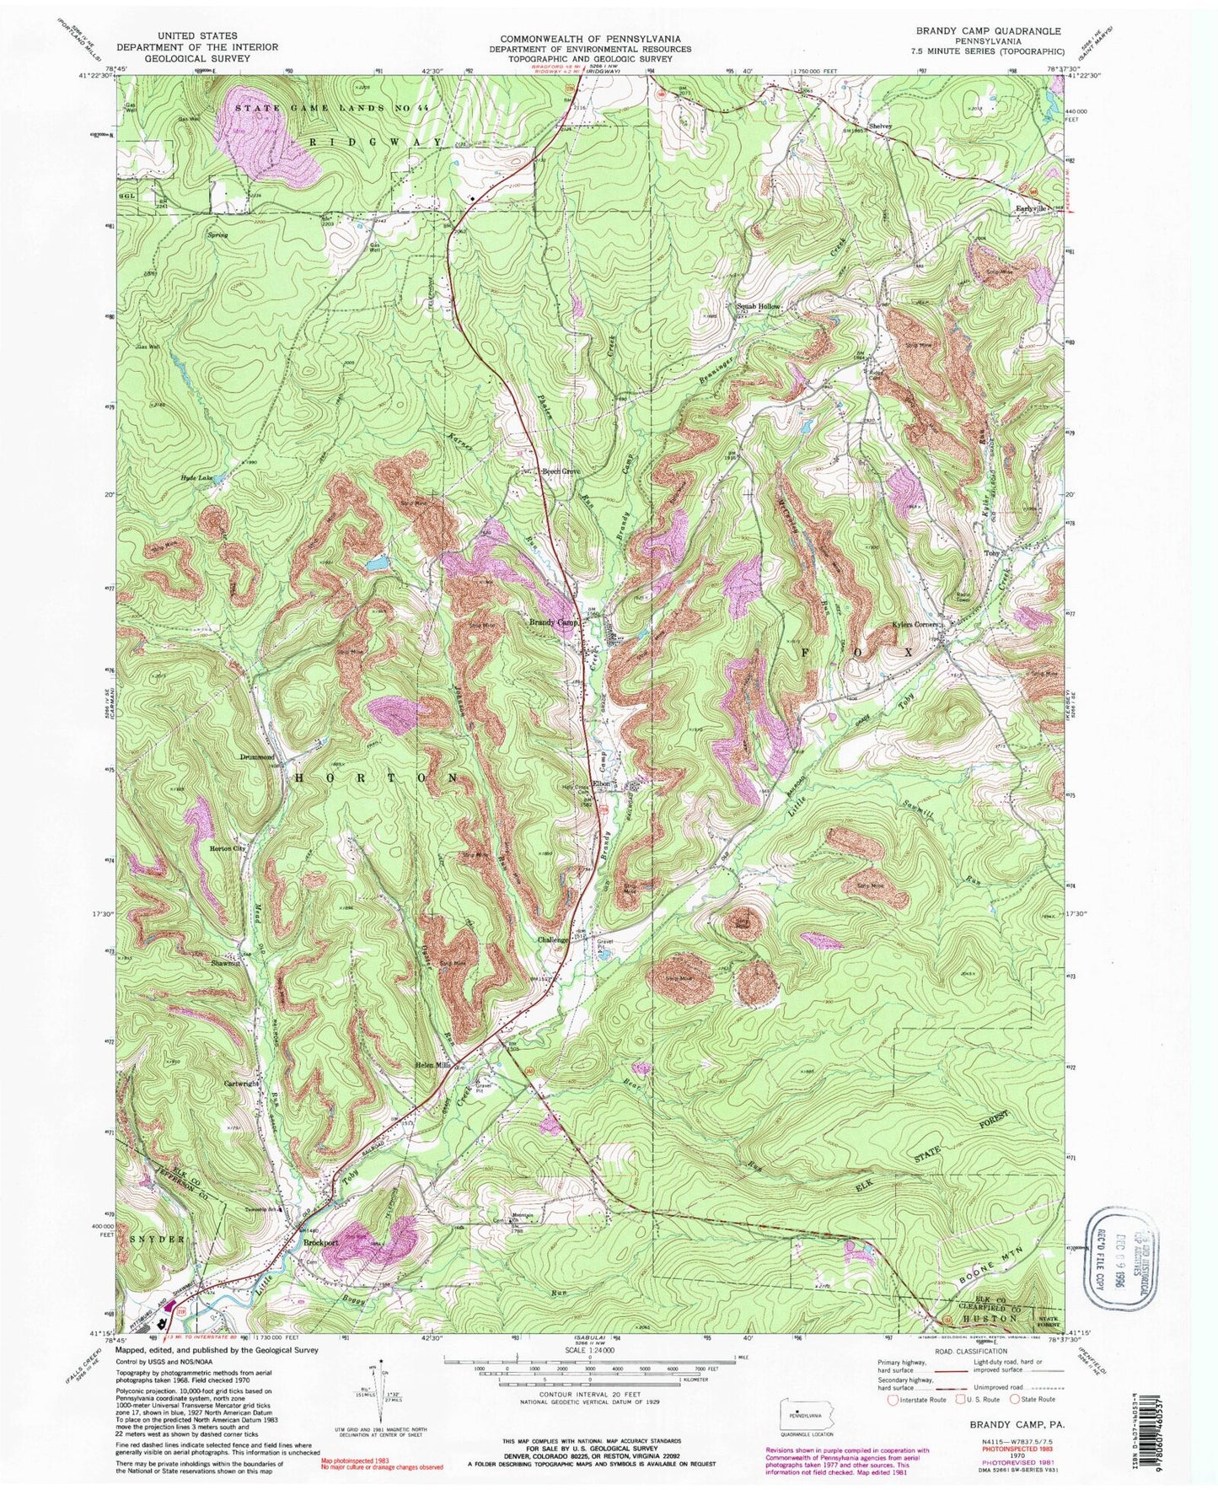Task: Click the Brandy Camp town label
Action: click(x=553, y=622)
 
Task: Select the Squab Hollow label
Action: click(x=759, y=306)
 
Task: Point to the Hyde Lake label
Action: click(x=195, y=477)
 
